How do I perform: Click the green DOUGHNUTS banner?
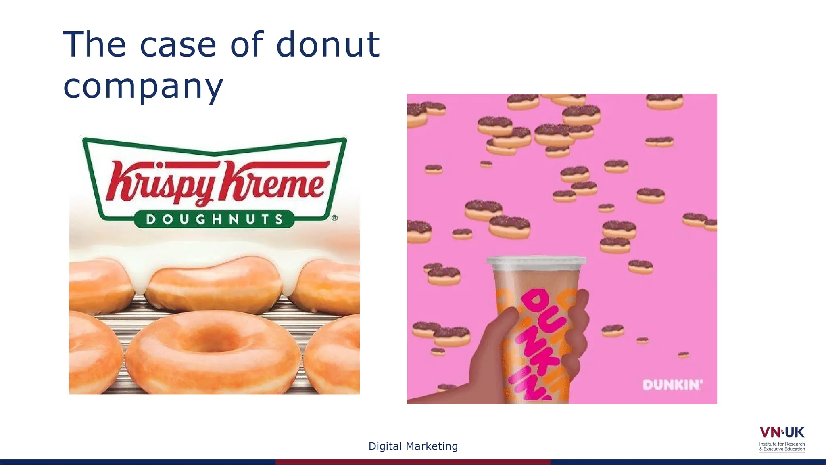tap(214, 219)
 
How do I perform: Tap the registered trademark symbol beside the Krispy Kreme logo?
tap(335, 218)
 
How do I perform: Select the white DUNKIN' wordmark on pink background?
tap(672, 385)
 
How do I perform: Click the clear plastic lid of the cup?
tap(536, 262)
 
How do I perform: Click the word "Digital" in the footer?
tap(385, 446)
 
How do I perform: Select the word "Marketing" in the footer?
tap(432, 446)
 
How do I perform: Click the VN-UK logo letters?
tap(782, 432)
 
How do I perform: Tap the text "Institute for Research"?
tap(782, 444)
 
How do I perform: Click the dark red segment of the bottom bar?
tap(413, 462)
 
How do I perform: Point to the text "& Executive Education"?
tap(782, 449)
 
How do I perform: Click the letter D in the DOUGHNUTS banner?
tap(151, 219)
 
